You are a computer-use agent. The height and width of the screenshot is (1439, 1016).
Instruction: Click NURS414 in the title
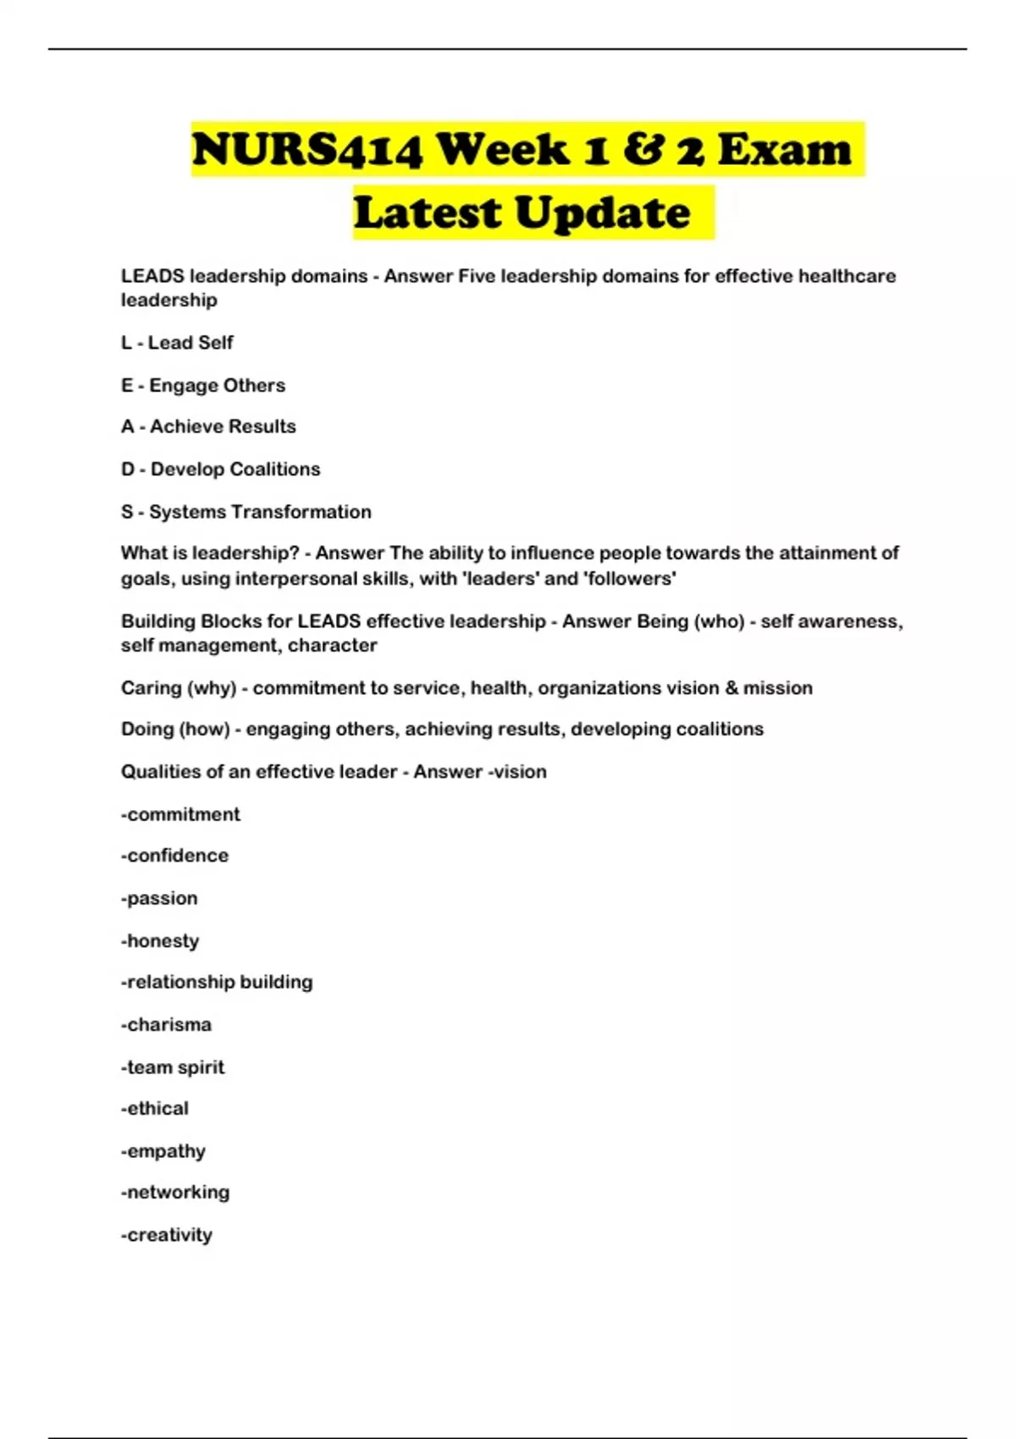point(306,150)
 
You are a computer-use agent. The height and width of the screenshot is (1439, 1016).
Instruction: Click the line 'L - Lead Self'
point(177,343)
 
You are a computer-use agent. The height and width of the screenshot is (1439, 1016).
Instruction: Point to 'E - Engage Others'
point(203,385)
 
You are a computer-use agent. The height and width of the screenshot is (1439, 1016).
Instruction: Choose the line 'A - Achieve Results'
point(208,427)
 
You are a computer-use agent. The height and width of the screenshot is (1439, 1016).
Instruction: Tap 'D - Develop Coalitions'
point(220,469)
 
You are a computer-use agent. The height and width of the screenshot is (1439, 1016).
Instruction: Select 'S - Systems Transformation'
point(246,512)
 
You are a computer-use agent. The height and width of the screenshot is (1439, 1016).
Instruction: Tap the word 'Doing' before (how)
point(146,729)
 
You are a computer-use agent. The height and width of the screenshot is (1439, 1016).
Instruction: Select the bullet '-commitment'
point(180,814)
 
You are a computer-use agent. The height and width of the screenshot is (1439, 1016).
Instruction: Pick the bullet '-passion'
point(159,898)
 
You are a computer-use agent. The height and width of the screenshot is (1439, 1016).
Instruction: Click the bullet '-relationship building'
point(217,982)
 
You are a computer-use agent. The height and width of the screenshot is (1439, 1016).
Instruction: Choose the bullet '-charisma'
point(166,1024)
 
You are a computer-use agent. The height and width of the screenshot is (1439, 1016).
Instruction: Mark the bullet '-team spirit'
point(173,1067)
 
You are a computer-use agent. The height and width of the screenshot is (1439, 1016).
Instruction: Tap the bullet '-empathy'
point(163,1151)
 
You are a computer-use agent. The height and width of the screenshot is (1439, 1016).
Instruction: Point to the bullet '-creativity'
point(167,1235)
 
